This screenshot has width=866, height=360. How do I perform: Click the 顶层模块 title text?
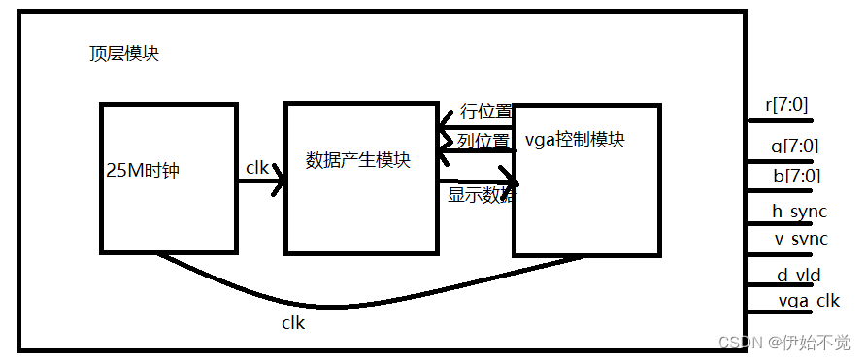point(118,53)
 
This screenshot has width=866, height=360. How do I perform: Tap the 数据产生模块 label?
point(358,160)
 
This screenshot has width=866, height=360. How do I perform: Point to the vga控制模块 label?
point(574,140)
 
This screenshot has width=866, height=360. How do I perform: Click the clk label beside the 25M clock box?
point(257,168)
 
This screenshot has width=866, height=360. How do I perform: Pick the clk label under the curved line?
point(292,322)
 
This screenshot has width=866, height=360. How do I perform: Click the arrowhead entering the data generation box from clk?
point(280,180)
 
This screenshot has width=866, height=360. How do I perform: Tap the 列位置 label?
point(483,141)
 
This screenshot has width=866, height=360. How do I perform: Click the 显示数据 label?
point(482,194)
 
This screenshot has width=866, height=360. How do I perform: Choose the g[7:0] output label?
point(794,147)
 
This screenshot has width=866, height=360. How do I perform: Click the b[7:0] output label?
point(794,176)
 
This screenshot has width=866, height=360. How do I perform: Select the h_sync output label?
point(800,212)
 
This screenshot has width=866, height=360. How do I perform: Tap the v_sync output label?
point(800,239)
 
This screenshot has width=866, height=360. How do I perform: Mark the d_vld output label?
point(798,275)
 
